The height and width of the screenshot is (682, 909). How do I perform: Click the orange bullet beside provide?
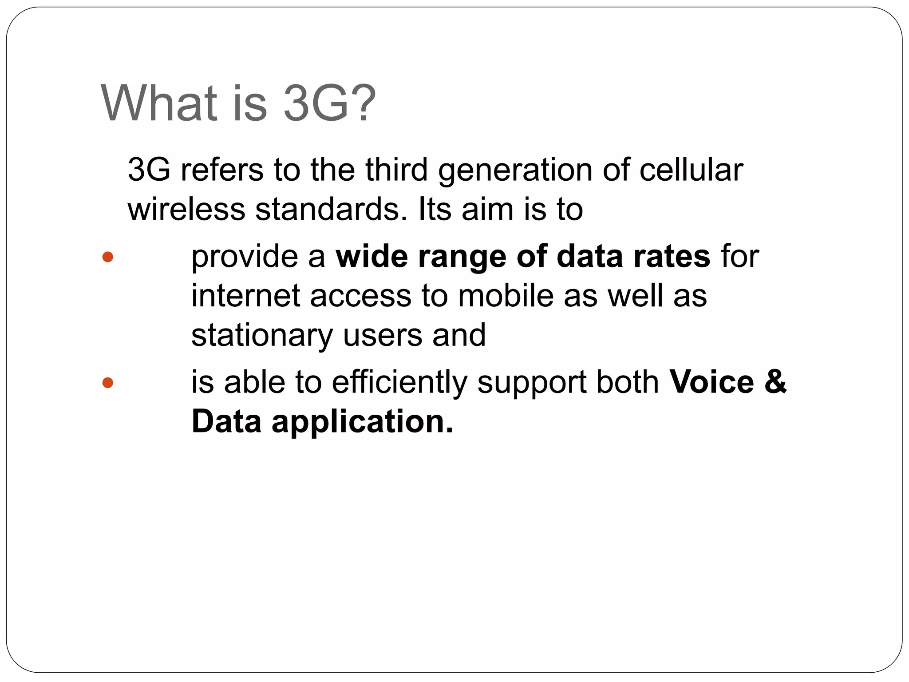(x=108, y=257)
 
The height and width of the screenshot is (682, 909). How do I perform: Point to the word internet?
(x=245, y=296)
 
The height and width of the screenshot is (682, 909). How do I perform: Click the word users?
(x=383, y=335)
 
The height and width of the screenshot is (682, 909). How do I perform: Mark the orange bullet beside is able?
(x=108, y=383)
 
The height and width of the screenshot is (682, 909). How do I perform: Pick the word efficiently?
(x=399, y=383)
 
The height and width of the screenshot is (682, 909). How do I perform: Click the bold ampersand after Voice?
(x=775, y=382)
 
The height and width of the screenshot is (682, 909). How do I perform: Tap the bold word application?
(x=362, y=422)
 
